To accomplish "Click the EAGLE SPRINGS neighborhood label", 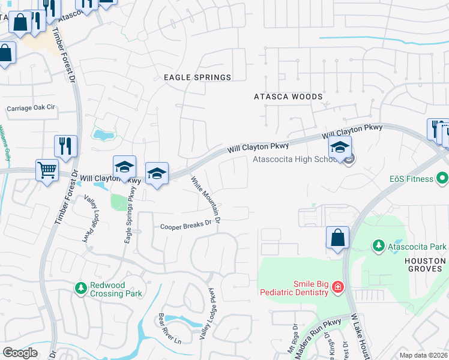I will (x=197, y=77).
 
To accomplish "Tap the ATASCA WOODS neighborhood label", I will (x=288, y=97).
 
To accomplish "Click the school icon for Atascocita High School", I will (x=340, y=148).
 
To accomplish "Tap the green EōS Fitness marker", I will (x=442, y=178).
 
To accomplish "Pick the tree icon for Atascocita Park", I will (x=379, y=245).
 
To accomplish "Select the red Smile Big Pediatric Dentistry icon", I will (x=337, y=287).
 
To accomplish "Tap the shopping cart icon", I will (x=46, y=170).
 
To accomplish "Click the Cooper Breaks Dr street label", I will (x=187, y=226).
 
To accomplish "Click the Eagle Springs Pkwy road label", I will (x=129, y=216).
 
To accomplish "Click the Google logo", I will (x=20, y=352).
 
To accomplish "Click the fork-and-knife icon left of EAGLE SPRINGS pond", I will (x=65, y=146).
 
